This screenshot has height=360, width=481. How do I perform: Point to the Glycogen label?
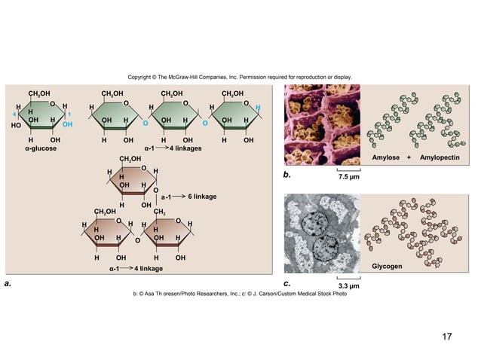pos(387,267)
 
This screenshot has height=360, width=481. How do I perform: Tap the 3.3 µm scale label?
pos(348,287)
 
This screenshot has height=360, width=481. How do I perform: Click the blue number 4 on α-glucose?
pos(15,114)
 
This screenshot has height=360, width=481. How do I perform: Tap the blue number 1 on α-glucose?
pos(69,114)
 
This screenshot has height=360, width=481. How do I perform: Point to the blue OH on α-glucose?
pos(68,124)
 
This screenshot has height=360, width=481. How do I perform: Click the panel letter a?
pos(8,284)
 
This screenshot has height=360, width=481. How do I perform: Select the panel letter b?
pos(286,175)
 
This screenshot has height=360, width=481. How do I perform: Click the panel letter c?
pos(286,283)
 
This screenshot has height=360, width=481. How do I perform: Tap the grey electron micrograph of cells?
pos(322,233)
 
